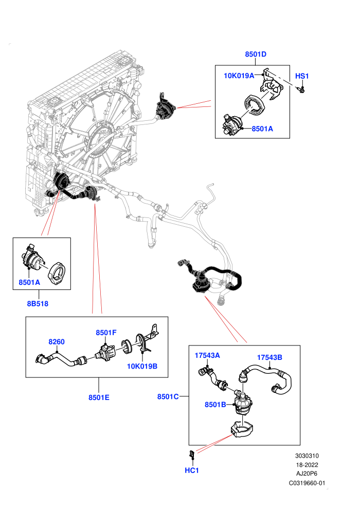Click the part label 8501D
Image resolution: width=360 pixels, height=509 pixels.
pos(256,54)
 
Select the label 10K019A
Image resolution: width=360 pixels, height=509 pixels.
pos(239,76)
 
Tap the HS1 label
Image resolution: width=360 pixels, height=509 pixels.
pos(302,76)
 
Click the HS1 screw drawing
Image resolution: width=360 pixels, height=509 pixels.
pos(301,89)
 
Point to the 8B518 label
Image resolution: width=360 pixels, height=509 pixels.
pos(38,304)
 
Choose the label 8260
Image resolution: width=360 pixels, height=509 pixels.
pos(57,342)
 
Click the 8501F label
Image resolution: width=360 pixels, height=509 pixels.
pos(106,333)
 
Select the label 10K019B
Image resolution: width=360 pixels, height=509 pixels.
pos(142,366)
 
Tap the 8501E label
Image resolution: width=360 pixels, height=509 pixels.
pos(99,397)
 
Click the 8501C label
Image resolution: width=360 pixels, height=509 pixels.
pos(168,397)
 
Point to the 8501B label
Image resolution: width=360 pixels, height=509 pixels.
pos(215,405)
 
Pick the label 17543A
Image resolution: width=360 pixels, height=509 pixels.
pos(207,355)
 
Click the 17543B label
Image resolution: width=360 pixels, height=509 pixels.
pos(269,357)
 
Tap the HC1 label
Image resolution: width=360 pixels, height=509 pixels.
pos(191,470)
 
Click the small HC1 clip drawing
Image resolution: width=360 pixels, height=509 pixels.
pos(192,453)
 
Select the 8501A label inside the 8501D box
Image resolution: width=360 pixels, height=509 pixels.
pos(262,129)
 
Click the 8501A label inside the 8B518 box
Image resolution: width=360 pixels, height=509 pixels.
pos(29,282)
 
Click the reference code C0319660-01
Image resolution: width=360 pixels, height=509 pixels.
pos(307,483)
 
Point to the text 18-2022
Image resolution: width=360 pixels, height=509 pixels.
pos(307,465)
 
